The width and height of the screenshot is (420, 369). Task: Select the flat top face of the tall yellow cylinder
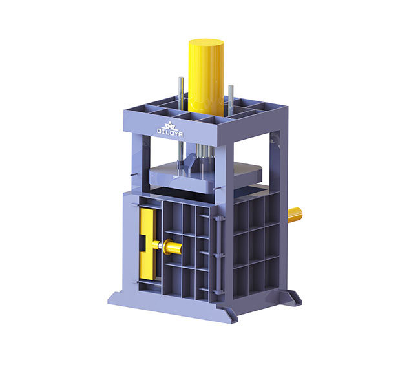tap(206, 44)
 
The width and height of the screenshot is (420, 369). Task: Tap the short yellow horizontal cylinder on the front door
tap(173, 246)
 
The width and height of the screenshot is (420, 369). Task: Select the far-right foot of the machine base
tap(294, 297)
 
